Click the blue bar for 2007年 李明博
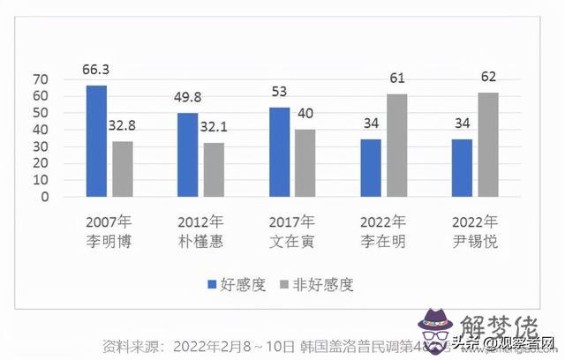click(x=96, y=141)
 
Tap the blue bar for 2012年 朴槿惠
click(x=187, y=155)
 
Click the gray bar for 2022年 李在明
click(x=395, y=146)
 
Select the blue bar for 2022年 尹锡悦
click(x=462, y=168)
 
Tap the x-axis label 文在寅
click(x=291, y=241)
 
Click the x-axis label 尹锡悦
click(x=474, y=241)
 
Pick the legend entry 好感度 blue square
click(x=211, y=284)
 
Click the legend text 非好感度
click(x=323, y=284)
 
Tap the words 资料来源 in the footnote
click(x=132, y=343)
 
